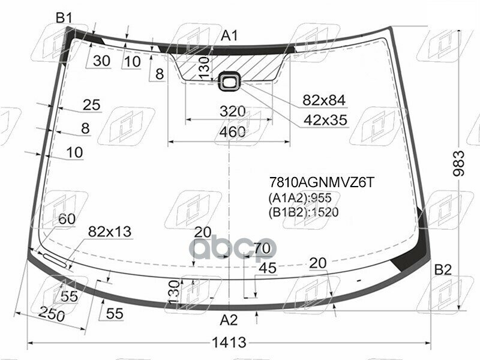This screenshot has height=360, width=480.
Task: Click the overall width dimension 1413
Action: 229,342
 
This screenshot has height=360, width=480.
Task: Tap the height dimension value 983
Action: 458,163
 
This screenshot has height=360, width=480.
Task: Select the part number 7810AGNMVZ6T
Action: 322,182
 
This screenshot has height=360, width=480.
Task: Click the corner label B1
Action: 64,19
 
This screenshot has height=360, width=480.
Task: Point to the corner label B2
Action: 443,270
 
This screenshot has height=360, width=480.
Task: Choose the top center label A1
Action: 229,36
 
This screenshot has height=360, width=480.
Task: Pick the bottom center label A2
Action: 229,320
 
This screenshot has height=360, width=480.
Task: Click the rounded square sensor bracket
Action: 229,82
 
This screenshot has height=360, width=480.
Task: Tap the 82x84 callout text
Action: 324,100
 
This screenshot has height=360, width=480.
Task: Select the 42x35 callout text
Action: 325,120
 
